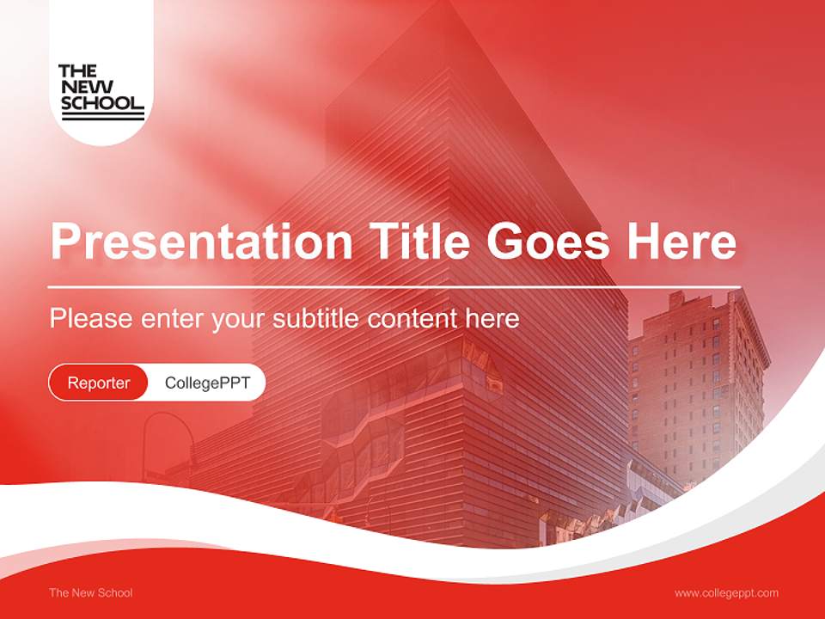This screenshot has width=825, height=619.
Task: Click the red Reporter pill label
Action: (98, 383)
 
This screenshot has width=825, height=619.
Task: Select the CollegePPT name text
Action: (207, 383)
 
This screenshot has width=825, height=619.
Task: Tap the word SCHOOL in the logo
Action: (101, 103)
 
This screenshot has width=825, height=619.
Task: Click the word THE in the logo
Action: (77, 71)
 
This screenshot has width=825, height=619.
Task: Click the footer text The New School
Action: (91, 592)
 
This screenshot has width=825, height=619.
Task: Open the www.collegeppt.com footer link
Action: (726, 592)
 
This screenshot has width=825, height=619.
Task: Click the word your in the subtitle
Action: (240, 320)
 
